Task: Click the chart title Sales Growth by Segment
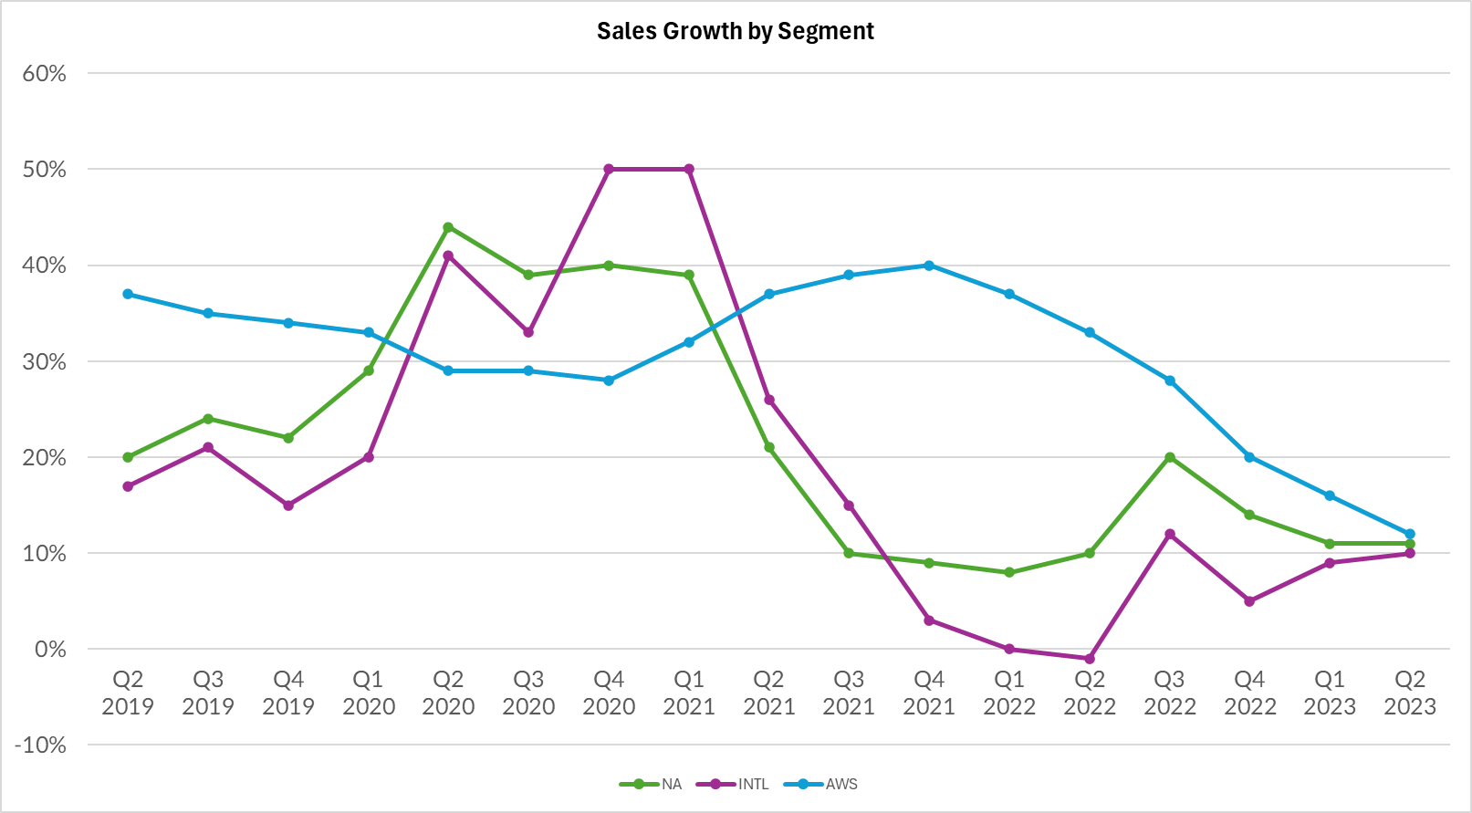[735, 31]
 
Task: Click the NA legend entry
[671, 784]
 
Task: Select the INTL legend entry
[753, 784]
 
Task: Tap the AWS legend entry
[840, 784]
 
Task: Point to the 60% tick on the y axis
[45, 74]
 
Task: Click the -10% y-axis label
[41, 745]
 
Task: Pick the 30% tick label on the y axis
[45, 362]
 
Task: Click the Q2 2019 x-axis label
[128, 693]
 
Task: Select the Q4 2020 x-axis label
[609, 693]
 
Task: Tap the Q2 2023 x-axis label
[1410, 693]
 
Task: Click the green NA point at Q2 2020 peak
[448, 227]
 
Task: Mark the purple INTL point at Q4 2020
[609, 169]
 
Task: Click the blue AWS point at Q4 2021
[929, 266]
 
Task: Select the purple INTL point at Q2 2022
[1090, 659]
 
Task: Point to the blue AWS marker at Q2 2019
[128, 294]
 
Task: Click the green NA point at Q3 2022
[1170, 457]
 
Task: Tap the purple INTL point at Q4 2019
[288, 506]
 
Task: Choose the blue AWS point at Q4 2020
[609, 380]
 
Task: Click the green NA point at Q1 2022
[1009, 573]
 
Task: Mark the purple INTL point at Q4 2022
[1249, 601]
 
